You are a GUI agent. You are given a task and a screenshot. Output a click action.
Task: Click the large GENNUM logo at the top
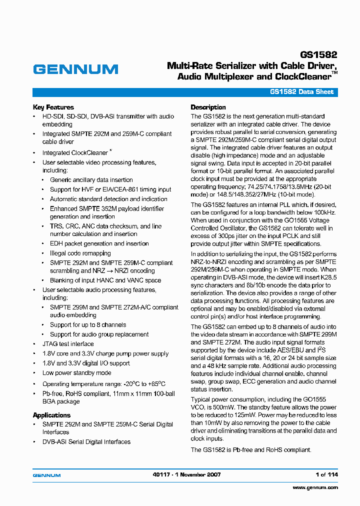[x=75, y=69]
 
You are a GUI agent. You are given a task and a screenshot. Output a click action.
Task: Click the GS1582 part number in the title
[x=319, y=55]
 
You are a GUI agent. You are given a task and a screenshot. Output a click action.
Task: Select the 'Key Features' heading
[x=53, y=107]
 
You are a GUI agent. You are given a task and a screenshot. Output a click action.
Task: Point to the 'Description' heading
[x=208, y=107]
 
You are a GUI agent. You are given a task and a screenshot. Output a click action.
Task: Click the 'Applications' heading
[x=51, y=415]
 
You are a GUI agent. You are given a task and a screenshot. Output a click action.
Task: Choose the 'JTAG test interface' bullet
[x=67, y=344]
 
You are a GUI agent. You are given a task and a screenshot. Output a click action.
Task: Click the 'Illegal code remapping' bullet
[x=80, y=253]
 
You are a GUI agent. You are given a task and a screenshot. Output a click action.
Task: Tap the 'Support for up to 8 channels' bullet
[x=87, y=325]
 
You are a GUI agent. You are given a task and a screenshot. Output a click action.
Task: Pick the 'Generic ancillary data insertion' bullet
[x=91, y=180]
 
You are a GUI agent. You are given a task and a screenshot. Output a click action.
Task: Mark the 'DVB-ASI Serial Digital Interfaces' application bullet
[x=86, y=442]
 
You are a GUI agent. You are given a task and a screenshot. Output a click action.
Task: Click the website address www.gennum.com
[x=315, y=487]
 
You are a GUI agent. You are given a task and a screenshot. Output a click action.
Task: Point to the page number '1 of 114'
[x=326, y=474]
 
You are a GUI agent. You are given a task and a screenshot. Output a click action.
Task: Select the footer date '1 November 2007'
[x=197, y=474]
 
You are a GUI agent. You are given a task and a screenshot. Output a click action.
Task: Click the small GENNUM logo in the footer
[x=46, y=475]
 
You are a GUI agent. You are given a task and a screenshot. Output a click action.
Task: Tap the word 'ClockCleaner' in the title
[x=303, y=77]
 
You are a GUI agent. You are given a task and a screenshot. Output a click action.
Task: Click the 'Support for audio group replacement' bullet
[x=99, y=334]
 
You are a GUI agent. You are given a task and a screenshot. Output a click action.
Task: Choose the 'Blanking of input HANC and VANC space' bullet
[x=105, y=280]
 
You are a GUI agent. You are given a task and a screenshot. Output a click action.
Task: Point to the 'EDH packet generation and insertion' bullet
[x=99, y=243]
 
